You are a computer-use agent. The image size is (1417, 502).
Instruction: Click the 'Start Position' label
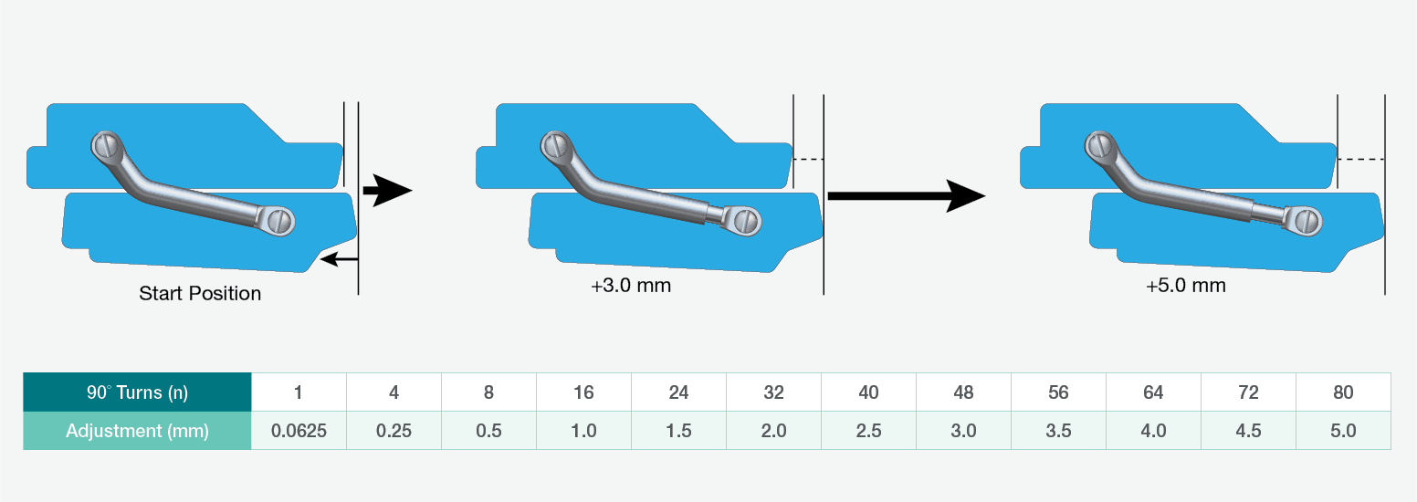pos(200,294)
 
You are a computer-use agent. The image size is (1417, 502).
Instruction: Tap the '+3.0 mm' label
pos(631,286)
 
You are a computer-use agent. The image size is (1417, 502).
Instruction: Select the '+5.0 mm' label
pos(1186,286)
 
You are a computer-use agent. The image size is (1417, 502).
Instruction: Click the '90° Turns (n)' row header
pos(137,392)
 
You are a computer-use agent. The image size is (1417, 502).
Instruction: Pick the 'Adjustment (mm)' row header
pos(137,431)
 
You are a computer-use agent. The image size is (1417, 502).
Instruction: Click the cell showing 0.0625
pos(299,431)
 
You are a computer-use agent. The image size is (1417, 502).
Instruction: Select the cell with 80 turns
pos(1343,392)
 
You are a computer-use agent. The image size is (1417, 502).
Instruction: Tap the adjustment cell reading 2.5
pos(868,431)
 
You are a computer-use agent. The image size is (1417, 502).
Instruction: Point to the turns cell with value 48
pos(963,392)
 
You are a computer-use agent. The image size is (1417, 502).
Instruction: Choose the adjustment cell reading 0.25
pos(394,431)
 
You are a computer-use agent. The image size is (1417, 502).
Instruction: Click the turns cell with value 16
pos(583,392)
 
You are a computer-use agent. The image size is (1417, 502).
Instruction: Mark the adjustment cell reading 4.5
pos(1248,431)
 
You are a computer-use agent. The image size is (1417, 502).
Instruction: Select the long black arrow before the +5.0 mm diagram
pos(905,195)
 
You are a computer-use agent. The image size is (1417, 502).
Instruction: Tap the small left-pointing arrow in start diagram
pos(340,260)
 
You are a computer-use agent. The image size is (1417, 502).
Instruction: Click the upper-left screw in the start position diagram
pos(107,144)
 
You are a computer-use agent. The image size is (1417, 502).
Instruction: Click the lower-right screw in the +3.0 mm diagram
pos(747,220)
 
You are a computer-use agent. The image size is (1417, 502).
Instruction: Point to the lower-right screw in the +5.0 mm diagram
pos(1308,220)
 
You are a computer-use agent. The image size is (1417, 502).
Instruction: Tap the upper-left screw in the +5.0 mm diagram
pos(1098,144)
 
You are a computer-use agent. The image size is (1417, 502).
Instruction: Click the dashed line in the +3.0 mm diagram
pos(808,160)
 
